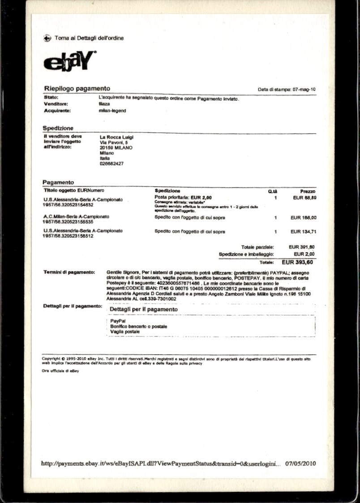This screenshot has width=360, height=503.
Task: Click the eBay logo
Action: pos(69,61)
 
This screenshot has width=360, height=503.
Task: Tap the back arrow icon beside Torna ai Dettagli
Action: pos(47,38)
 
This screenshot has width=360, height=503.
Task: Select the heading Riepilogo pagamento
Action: pos(77,89)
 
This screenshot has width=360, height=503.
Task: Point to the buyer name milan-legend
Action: pos(112,111)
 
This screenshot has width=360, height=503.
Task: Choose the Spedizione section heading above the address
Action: pos(58,128)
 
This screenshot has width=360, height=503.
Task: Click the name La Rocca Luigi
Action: pos(116,137)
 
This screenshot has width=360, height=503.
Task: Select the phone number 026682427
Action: pos(111,164)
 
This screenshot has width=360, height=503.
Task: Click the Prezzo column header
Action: pos(308,192)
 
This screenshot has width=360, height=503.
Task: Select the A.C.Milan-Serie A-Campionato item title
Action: pos(76,217)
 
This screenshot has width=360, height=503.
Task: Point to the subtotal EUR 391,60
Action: pos(301,247)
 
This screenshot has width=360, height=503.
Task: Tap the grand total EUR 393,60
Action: pos(297,262)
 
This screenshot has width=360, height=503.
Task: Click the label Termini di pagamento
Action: pos(69,272)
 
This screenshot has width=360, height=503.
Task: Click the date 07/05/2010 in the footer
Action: pos(300,464)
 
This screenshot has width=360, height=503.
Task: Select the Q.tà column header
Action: pos(272,192)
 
